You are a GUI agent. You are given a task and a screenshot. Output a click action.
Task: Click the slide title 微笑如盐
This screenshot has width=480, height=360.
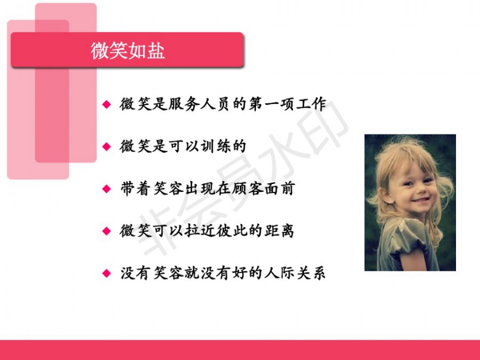pyautogui.click(x=127, y=51)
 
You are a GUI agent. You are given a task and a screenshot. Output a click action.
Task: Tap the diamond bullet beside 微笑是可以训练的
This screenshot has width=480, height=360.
pyautogui.click(x=107, y=147)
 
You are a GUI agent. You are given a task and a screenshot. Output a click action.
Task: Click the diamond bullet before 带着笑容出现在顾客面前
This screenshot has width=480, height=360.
pyautogui.click(x=107, y=189)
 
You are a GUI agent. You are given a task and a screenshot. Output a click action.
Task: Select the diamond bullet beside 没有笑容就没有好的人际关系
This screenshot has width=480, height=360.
pyautogui.click(x=107, y=273)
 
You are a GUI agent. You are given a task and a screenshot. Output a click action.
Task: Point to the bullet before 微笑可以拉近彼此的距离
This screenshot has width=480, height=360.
pyautogui.click(x=107, y=231)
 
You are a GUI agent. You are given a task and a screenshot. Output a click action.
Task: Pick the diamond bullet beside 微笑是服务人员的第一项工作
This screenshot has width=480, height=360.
pyautogui.click(x=107, y=105)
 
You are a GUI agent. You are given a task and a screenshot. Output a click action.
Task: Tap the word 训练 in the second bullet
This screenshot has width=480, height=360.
pyautogui.click(x=215, y=146)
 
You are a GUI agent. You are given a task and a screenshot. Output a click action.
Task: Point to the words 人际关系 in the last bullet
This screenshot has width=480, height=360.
pyautogui.click(x=295, y=273)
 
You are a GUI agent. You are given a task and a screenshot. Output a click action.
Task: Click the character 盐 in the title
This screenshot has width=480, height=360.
pyautogui.click(x=156, y=51)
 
